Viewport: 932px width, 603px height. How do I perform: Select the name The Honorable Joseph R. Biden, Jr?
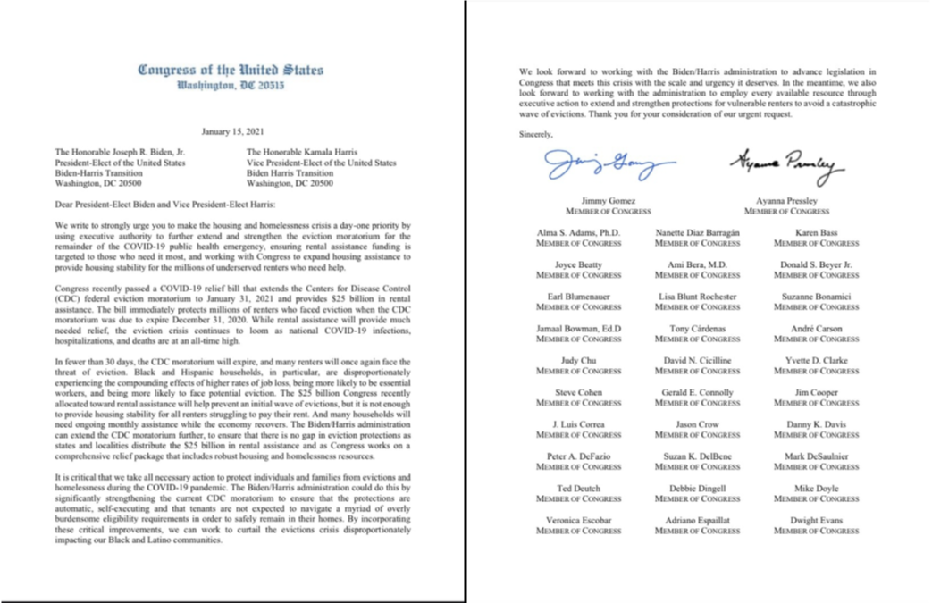click(119, 152)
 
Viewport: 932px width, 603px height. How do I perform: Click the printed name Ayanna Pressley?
click(786, 201)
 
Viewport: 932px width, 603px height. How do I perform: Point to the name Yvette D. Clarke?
click(817, 361)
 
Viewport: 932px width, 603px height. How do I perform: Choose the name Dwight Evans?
click(817, 520)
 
